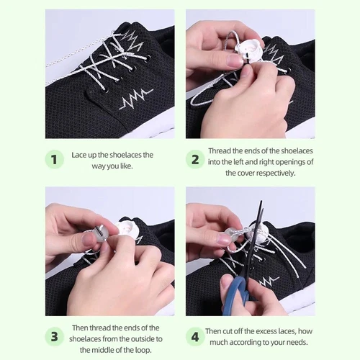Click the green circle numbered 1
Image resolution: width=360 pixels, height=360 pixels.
coord(55,159)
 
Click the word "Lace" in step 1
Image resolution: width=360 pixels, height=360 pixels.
coord(80,155)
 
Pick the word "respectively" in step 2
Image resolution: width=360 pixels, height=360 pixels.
coord(274,173)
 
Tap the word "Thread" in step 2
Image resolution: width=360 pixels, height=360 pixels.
coord(221,151)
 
